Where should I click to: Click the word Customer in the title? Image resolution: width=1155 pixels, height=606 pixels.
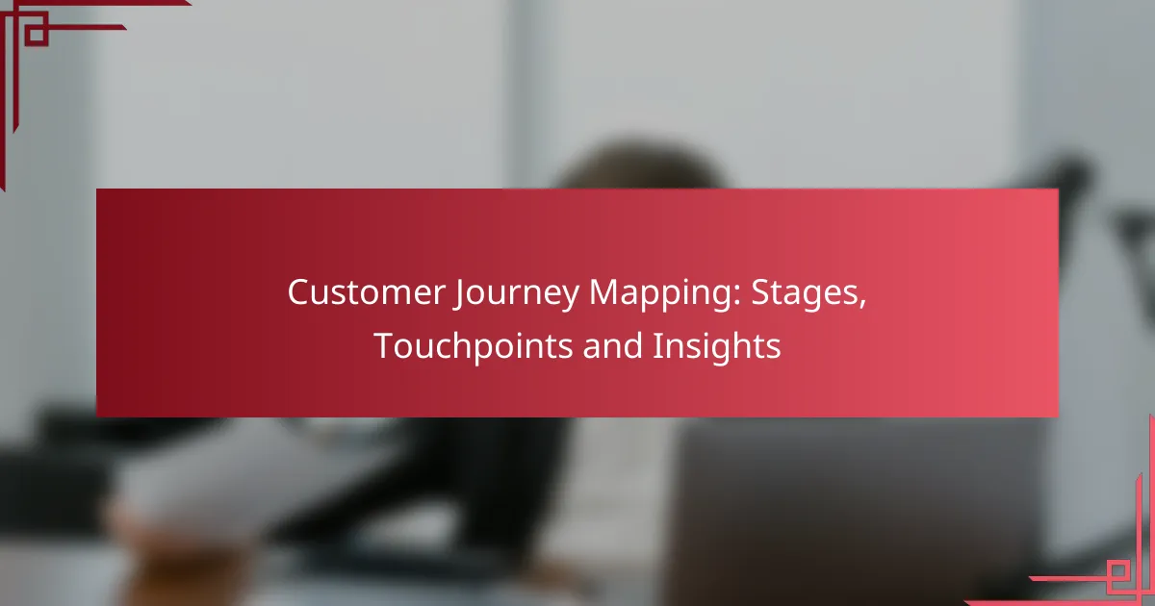[x=366, y=292]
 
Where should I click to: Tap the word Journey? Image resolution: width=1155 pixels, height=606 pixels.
[x=517, y=293]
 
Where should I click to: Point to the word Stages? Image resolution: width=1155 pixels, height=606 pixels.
[x=805, y=293]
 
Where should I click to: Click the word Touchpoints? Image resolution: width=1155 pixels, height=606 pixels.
[x=474, y=347]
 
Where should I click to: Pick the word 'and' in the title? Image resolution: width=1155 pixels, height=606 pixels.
[x=612, y=345]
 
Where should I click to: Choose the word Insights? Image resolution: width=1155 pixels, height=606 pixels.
[x=717, y=347]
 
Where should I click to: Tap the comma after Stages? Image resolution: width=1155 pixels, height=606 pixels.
[x=862, y=304]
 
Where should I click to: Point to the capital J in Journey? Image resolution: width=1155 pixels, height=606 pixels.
[x=458, y=294]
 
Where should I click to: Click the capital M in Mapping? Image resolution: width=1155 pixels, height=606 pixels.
[x=603, y=292]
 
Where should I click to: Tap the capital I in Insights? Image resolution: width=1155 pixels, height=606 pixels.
[x=656, y=345]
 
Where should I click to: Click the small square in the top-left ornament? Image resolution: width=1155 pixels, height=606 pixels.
[x=37, y=34]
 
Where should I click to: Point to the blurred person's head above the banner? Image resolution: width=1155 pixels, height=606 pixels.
[x=638, y=164]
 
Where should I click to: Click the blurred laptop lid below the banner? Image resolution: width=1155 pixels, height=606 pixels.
[x=856, y=510]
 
